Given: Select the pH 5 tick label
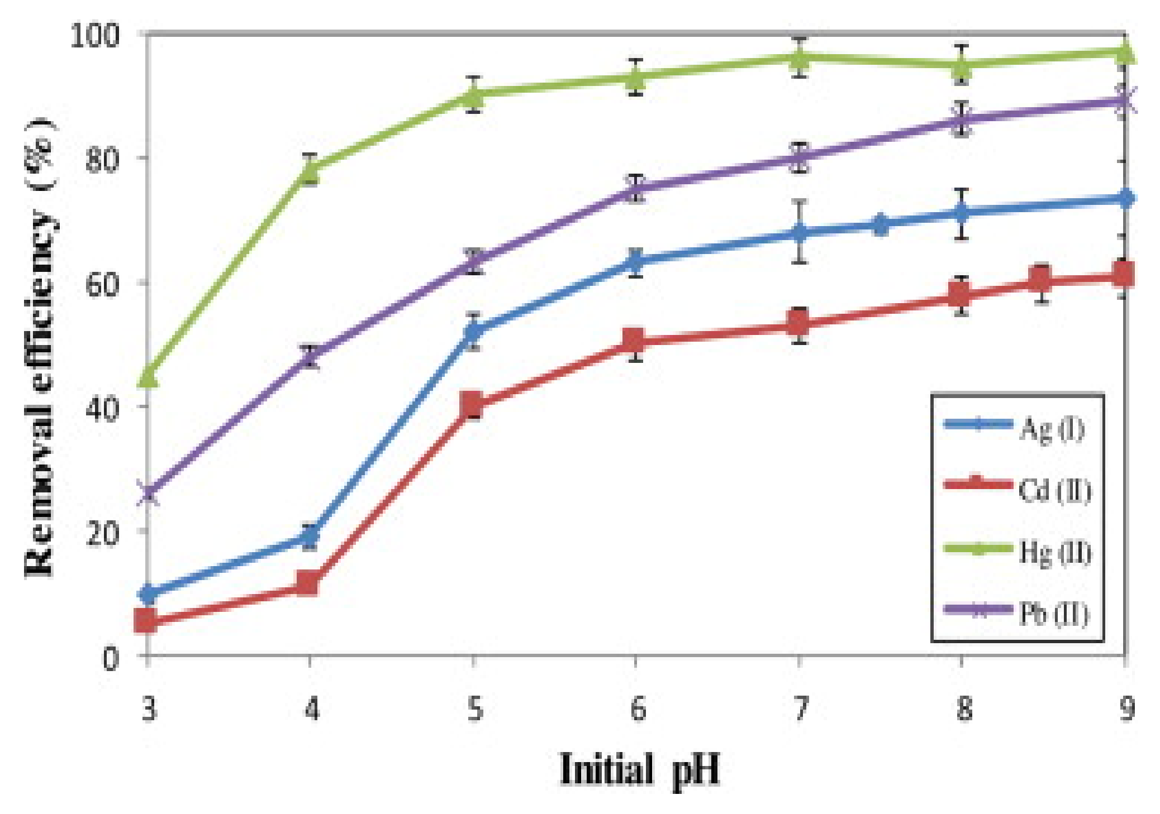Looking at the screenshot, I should (x=474, y=710).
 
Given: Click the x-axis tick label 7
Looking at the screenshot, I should (x=800, y=710).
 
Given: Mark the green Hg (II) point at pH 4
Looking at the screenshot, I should (x=310, y=170).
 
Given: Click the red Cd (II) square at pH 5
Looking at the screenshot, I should (x=473, y=404).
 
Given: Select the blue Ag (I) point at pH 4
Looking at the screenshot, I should (x=310, y=537).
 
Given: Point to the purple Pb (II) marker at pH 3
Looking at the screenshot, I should (x=148, y=494).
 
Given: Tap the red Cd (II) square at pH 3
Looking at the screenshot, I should (x=146, y=621).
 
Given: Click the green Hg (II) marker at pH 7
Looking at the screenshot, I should (x=800, y=58).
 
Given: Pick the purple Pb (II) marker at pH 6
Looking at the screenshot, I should (x=636, y=189).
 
